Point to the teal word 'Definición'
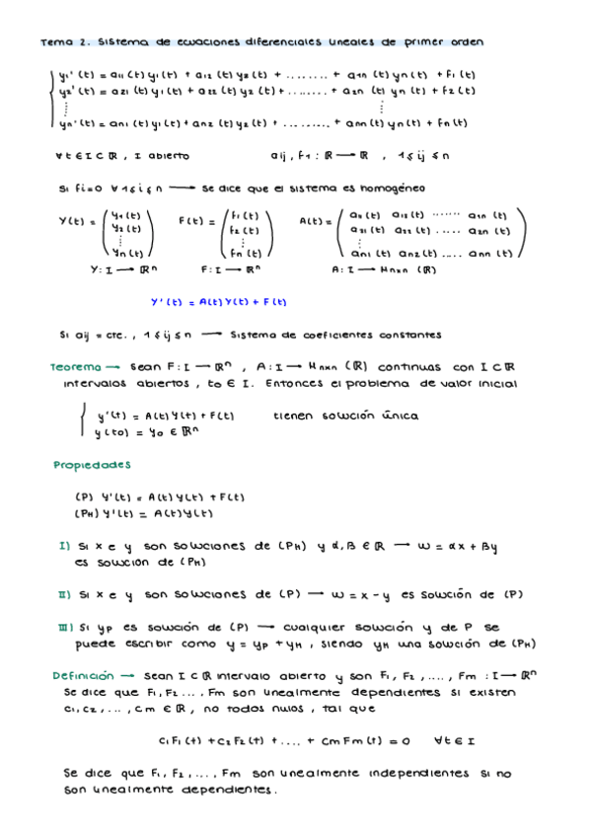pos(84,676)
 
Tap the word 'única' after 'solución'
pos(400,417)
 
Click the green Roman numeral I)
pos(64,545)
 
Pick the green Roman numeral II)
pos(65,594)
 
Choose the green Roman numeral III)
pos(66,627)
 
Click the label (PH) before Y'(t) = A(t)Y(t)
pos(87,512)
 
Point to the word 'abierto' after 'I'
pos(168,156)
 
